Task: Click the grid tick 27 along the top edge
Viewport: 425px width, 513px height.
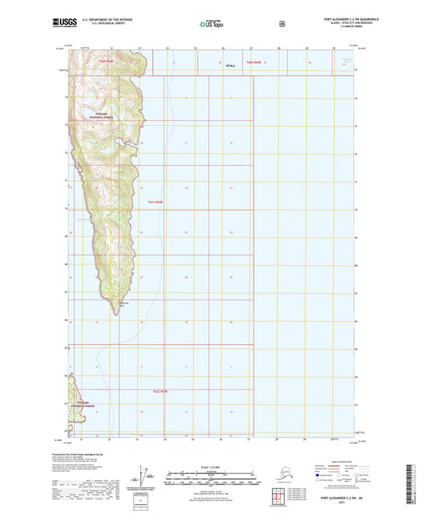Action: [250, 49]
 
